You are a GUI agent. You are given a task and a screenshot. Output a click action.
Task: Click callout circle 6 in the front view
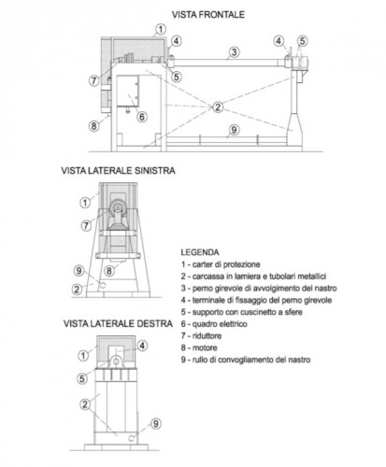point(142,117)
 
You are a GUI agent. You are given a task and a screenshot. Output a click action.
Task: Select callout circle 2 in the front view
point(217,107)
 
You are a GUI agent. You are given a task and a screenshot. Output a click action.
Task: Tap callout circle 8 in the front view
point(94,124)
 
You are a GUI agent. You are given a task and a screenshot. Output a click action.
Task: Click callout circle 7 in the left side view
point(88,223)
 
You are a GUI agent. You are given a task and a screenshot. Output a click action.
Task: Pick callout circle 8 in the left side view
point(107,271)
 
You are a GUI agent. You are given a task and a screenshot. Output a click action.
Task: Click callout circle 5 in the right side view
point(82,377)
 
